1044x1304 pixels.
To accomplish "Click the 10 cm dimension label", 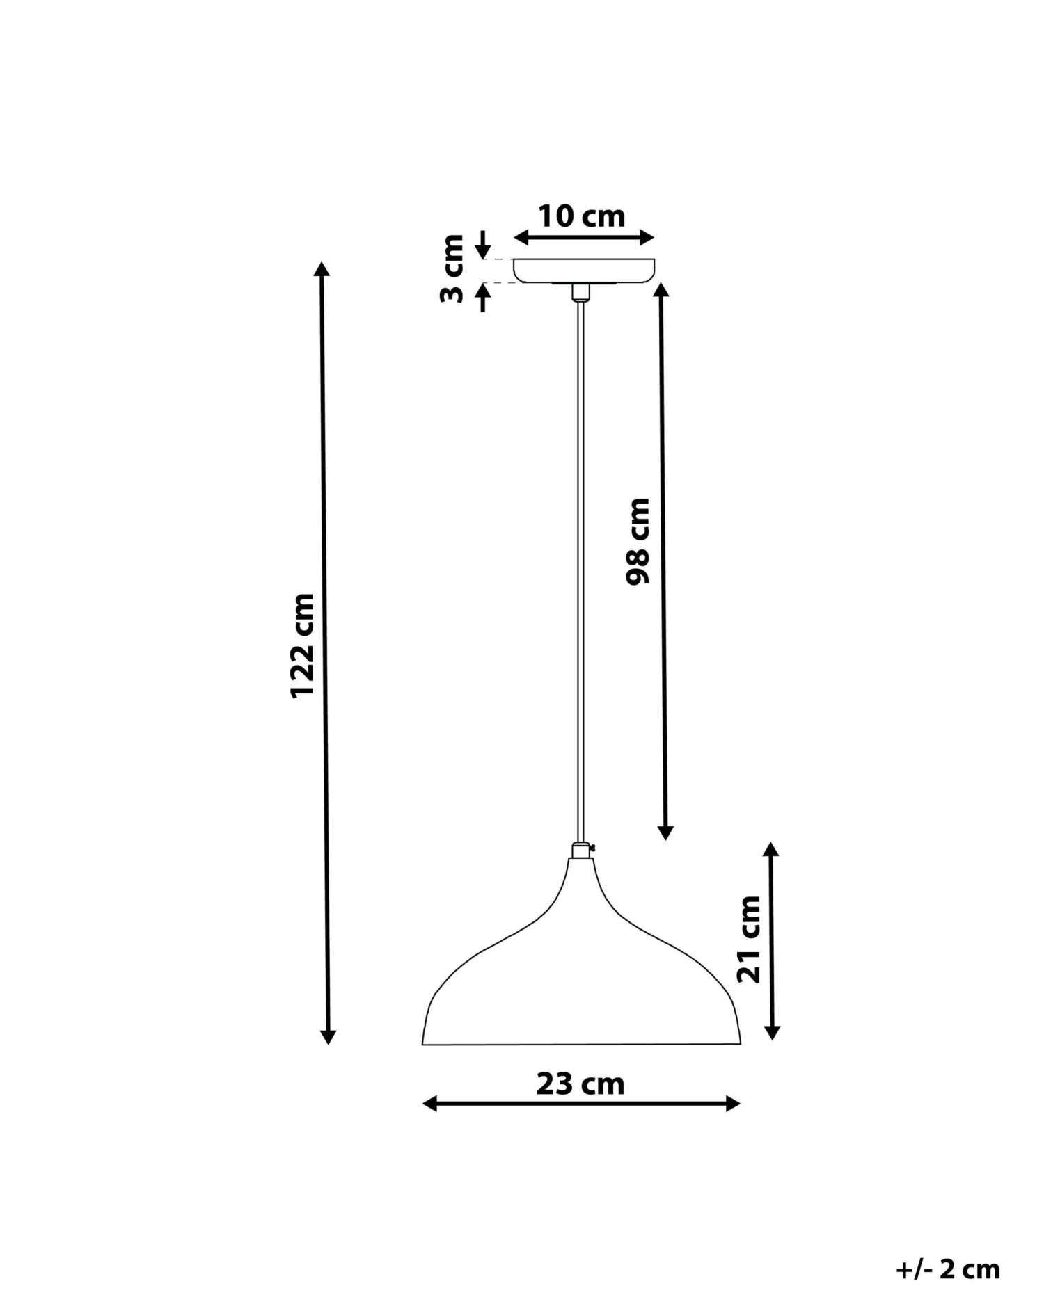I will [582, 216].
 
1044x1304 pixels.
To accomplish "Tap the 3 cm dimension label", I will [452, 268].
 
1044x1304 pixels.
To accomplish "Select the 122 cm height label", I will [303, 645].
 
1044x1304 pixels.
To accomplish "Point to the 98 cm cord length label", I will [638, 542].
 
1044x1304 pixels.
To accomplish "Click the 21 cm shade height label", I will [749, 939].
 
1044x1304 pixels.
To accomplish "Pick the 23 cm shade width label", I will [580, 1084].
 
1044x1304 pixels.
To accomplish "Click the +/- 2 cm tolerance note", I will [948, 1269].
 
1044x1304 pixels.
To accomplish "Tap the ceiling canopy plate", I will [583, 270].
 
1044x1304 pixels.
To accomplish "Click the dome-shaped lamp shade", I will [581, 974].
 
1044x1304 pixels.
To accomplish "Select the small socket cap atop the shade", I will [580, 850].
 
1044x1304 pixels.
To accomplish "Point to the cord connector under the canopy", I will [580, 292].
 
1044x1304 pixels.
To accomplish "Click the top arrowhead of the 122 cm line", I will [321, 271].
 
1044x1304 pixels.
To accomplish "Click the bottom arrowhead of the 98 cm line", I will [665, 832].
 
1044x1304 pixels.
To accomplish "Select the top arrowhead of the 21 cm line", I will [770, 850].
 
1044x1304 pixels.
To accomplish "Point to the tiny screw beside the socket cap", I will [592, 848].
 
